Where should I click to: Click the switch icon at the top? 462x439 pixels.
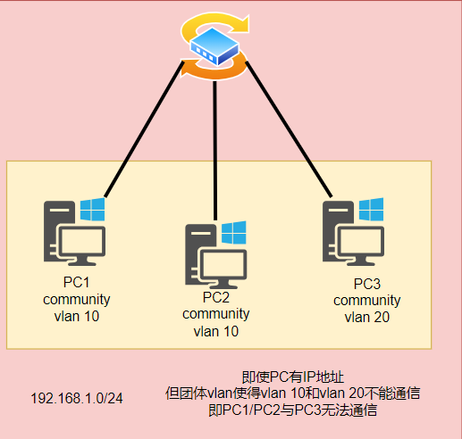tap(214, 46)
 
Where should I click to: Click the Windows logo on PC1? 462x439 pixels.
tap(92, 211)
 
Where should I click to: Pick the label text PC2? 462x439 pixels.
tap(216, 298)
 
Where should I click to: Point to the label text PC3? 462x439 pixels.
tap(367, 284)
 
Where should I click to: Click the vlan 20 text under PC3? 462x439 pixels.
tap(367, 316)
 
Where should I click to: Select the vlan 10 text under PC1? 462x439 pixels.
tap(76, 315)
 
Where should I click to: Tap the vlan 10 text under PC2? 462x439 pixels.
tap(216, 330)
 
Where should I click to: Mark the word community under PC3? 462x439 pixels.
tap(367, 300)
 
